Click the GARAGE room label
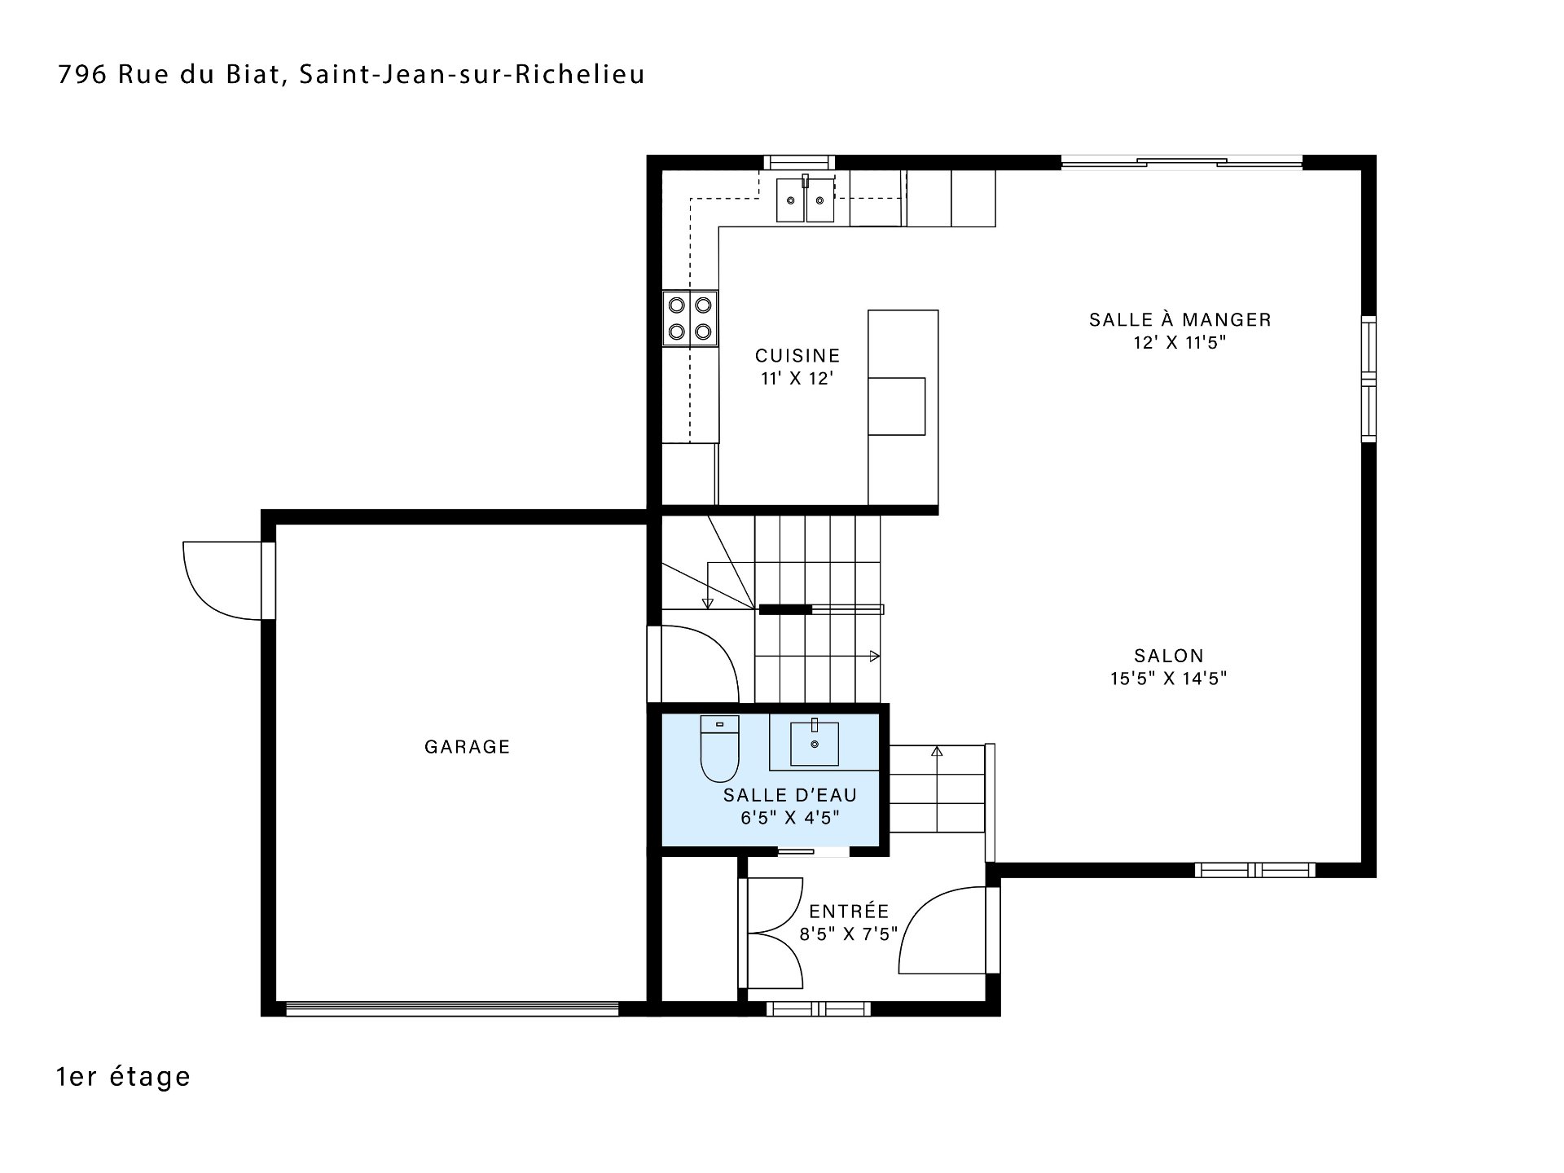click(x=467, y=746)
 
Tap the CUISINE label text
click(x=797, y=356)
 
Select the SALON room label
click(x=1169, y=655)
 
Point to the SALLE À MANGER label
click(x=1180, y=319)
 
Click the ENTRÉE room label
click(x=849, y=911)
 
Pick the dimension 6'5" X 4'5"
click(x=789, y=818)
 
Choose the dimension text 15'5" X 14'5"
click(x=1168, y=679)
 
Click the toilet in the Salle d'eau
click(x=719, y=748)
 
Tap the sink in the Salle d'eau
click(x=815, y=743)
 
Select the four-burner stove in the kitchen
click(x=690, y=319)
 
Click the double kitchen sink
click(x=805, y=200)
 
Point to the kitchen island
click(x=903, y=407)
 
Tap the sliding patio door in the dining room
click(x=1181, y=162)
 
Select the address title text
click(x=352, y=74)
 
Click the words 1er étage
click(x=124, y=1077)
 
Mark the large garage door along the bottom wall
click(x=452, y=1008)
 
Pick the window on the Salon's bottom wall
click(x=1254, y=870)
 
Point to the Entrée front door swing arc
click(x=924, y=905)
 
